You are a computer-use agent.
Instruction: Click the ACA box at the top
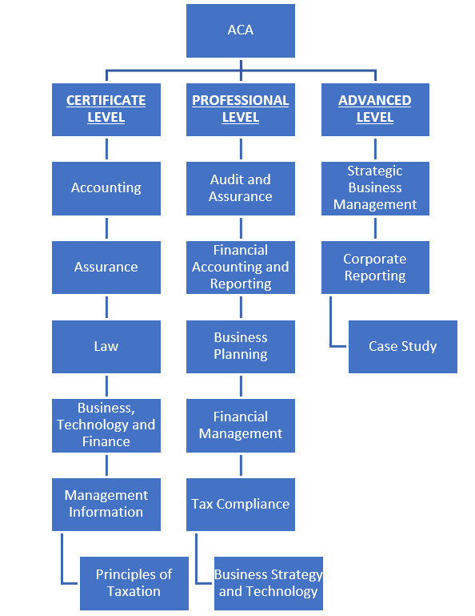point(241,30)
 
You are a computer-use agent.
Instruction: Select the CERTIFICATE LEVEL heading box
point(106,110)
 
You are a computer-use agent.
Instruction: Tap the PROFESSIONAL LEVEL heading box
point(241,110)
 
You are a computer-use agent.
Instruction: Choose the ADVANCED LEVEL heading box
point(375,110)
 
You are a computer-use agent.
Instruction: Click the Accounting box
point(106,188)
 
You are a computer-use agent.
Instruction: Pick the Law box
point(106,347)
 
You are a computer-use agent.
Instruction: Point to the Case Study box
point(403,347)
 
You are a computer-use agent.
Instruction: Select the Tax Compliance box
point(241,505)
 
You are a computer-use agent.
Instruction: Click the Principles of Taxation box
point(134,583)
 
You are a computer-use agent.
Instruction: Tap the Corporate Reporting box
point(375,268)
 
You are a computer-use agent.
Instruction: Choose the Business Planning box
point(241,347)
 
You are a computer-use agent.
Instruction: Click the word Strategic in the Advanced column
point(375,171)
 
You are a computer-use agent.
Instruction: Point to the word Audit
point(225,179)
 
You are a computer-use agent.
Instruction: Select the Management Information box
point(106,505)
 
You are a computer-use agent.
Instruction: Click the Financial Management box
point(241,425)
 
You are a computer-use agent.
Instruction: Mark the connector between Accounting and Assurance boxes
point(106,228)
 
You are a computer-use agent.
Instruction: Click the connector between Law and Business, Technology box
point(106,386)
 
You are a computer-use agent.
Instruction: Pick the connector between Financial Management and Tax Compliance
point(241,465)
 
